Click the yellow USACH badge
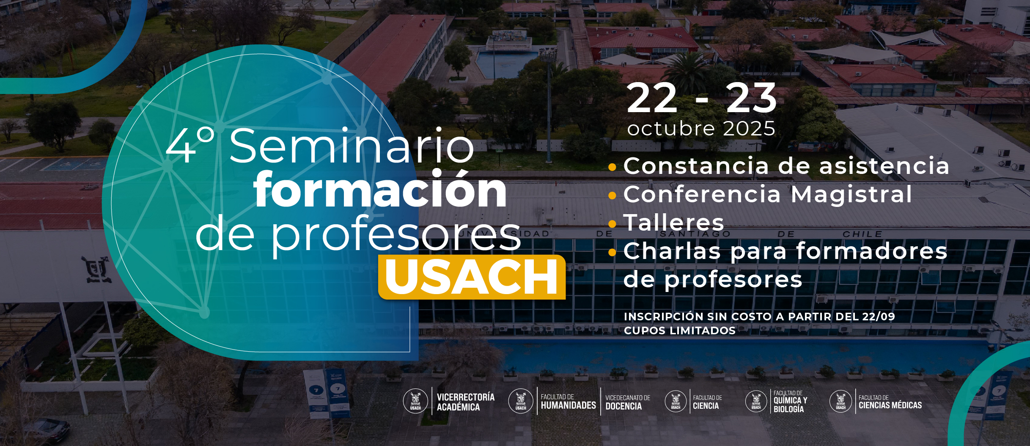pyautogui.click(x=472, y=277)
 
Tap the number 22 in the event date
pyautogui.click(x=652, y=98)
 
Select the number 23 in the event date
pyautogui.click(x=751, y=98)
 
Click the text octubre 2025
pyautogui.click(x=701, y=128)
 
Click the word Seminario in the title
pyautogui.click(x=352, y=146)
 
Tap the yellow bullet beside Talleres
pyautogui.click(x=612, y=223)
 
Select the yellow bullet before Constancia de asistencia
pyautogui.click(x=612, y=167)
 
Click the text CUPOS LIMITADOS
pyautogui.click(x=680, y=330)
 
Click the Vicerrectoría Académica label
pyautogui.click(x=465, y=402)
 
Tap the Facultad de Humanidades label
pyautogui.click(x=568, y=402)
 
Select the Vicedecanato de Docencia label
pyautogui.click(x=628, y=402)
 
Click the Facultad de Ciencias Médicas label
pyautogui.click(x=890, y=402)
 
